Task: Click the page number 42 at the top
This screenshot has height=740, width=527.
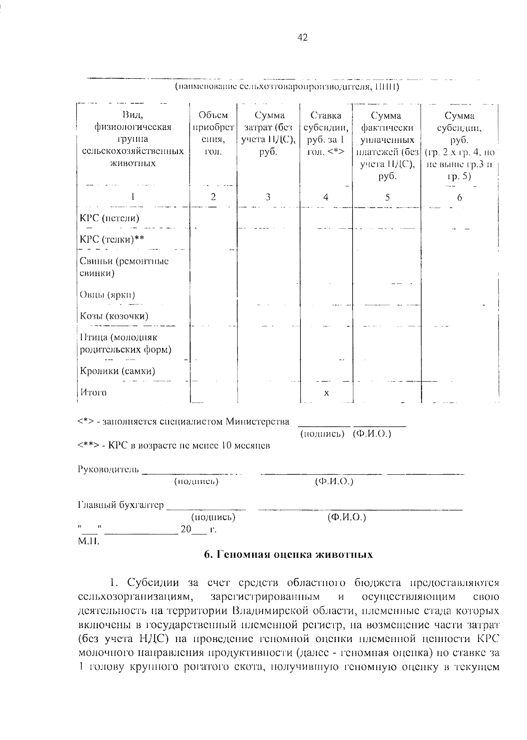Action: pyautogui.click(x=303, y=38)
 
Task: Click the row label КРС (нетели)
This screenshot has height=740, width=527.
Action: pyautogui.click(x=109, y=218)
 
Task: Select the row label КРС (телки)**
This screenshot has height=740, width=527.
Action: pyautogui.click(x=112, y=239)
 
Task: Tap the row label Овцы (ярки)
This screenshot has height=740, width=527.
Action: pyautogui.click(x=107, y=295)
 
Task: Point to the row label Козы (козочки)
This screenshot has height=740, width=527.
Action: pyautogui.click(x=114, y=316)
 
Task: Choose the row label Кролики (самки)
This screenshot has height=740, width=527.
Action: pyautogui.click(x=117, y=371)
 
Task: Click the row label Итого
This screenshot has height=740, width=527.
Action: pyautogui.click(x=93, y=392)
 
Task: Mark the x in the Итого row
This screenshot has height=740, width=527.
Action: pyautogui.click(x=326, y=393)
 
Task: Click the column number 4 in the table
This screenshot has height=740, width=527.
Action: pyautogui.click(x=325, y=197)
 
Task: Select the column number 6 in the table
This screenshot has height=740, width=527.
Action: pyautogui.click(x=459, y=198)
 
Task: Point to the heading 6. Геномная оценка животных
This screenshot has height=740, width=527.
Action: pyautogui.click(x=289, y=555)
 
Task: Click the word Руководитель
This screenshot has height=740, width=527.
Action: pyautogui.click(x=108, y=469)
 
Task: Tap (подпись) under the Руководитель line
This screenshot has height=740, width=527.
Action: pyautogui.click(x=196, y=482)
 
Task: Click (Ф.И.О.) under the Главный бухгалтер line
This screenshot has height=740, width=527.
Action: pyautogui.click(x=347, y=517)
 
